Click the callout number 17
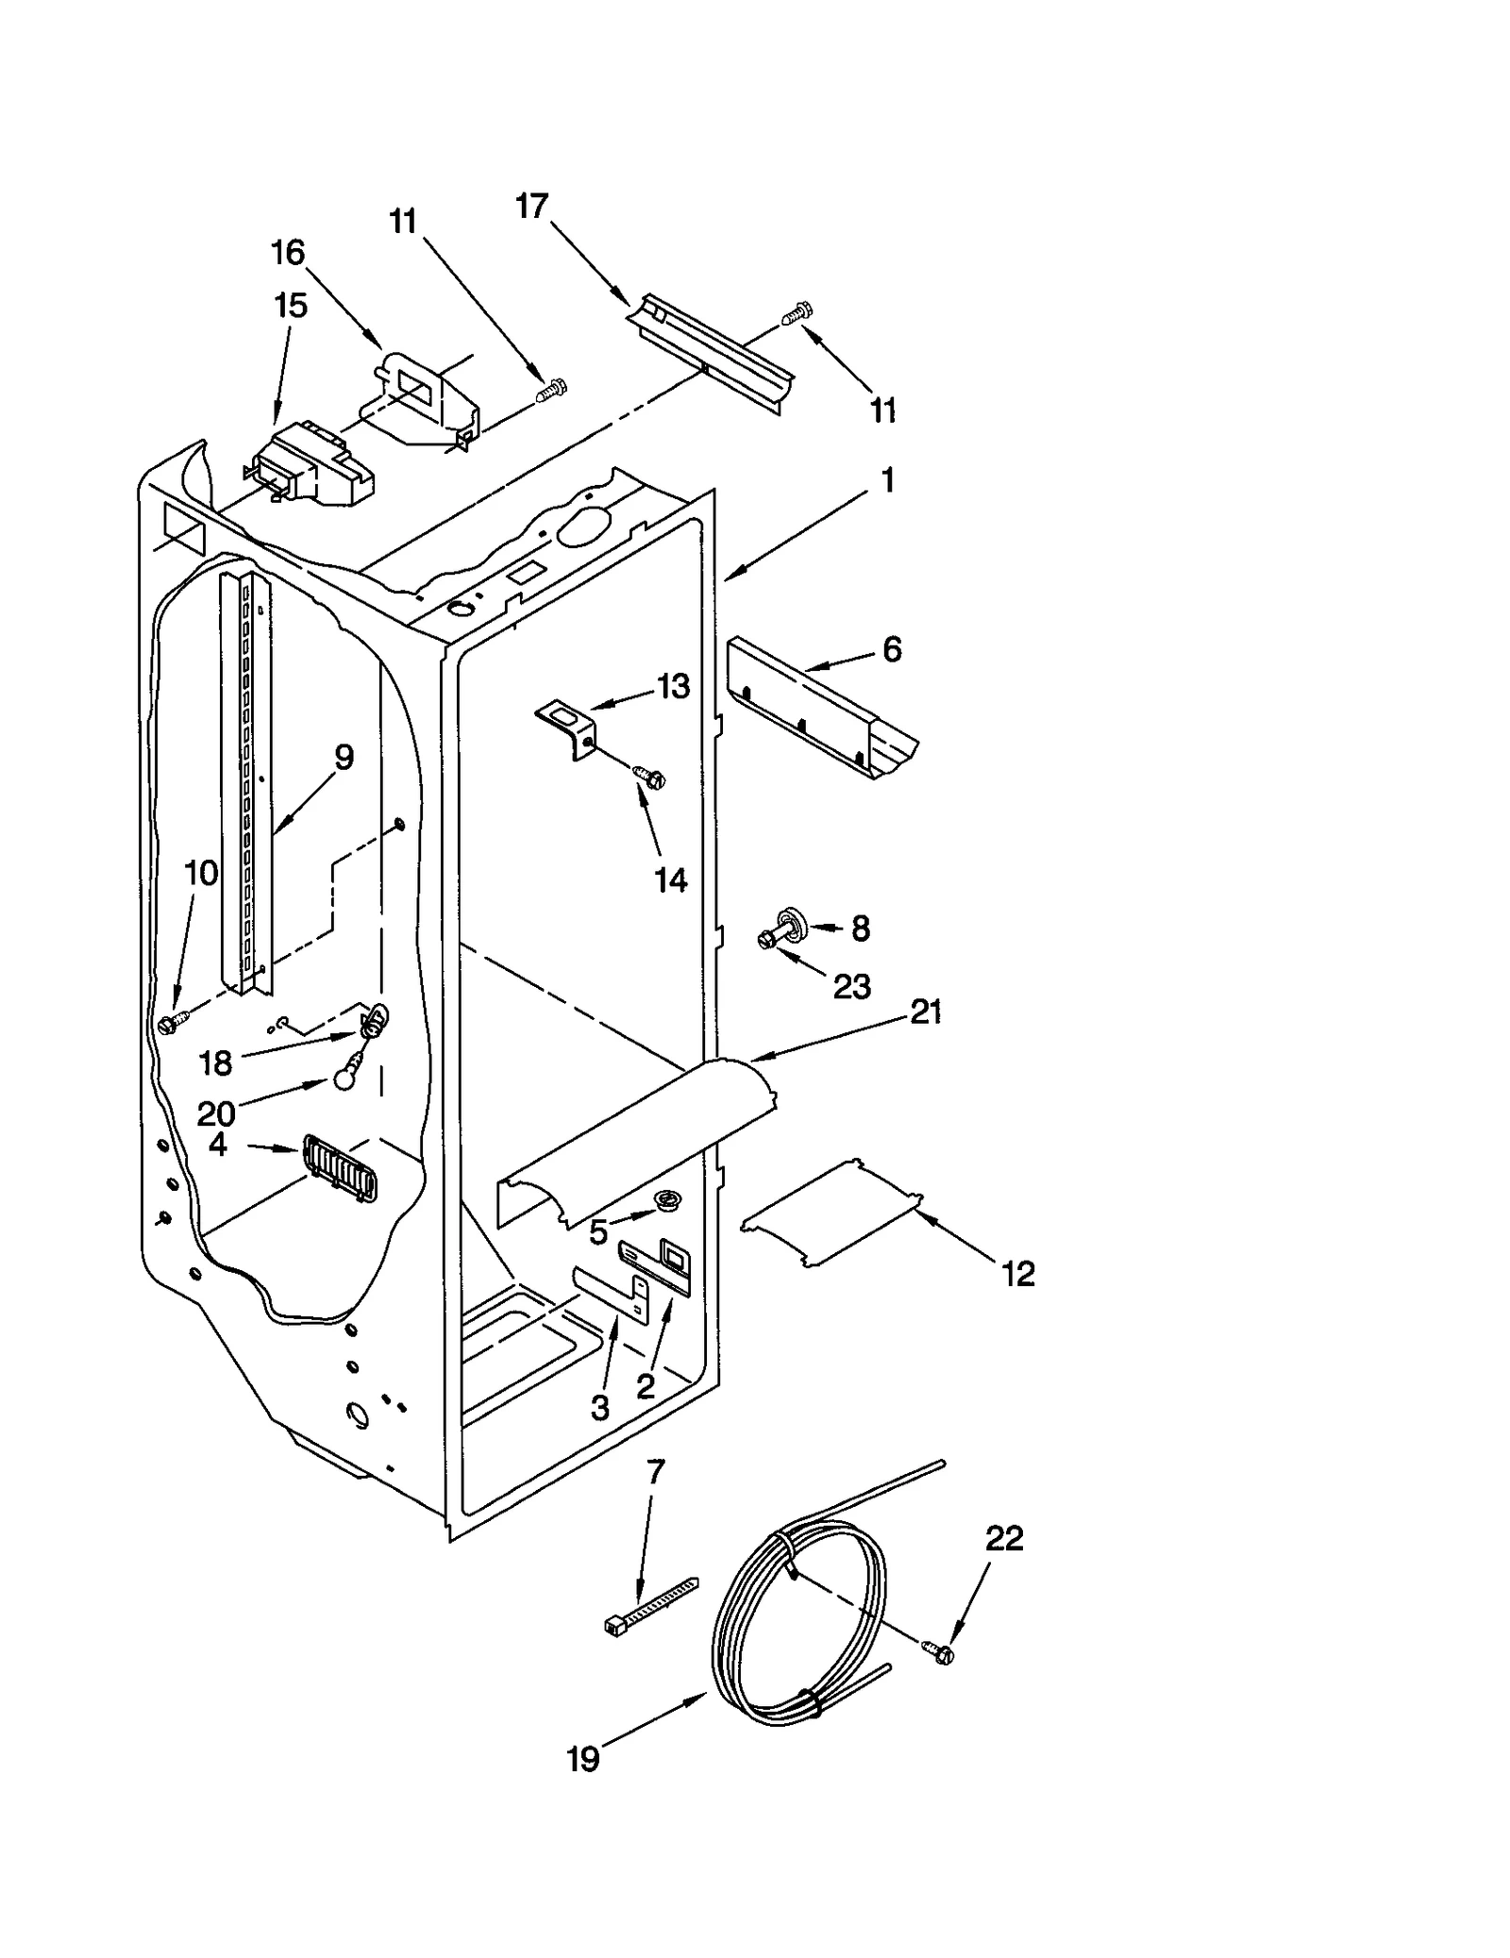click(x=532, y=206)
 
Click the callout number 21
click(x=926, y=1012)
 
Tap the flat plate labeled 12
click(x=831, y=1214)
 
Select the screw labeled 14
click(x=649, y=777)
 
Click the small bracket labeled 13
click(x=567, y=725)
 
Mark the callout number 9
click(x=344, y=757)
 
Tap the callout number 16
click(x=288, y=253)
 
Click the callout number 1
click(x=887, y=480)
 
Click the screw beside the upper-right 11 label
click(x=798, y=312)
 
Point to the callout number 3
click(x=600, y=1409)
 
